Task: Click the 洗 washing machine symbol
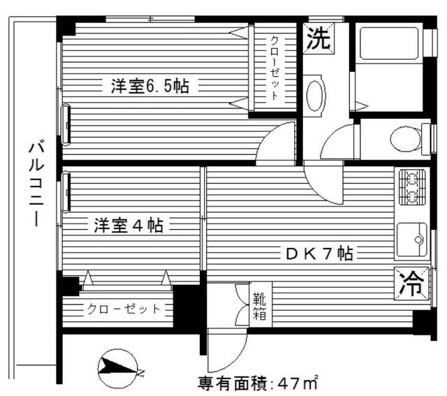coord(318,38)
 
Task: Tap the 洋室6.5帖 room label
coord(149,87)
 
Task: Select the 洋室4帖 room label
coord(129,226)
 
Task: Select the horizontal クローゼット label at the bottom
coord(124,309)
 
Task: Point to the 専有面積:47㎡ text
coord(258,383)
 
